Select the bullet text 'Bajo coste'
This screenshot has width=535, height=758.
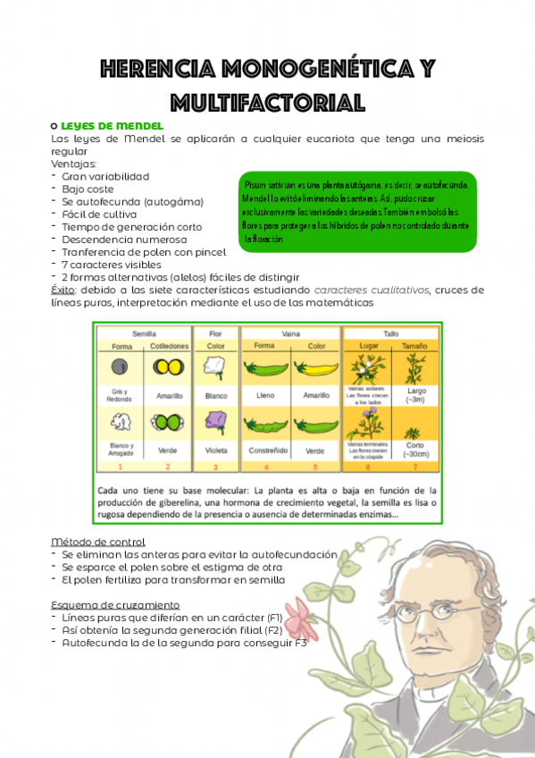[x=88, y=189]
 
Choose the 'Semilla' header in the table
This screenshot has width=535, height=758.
[x=144, y=333]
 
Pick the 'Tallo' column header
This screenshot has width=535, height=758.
[x=391, y=333]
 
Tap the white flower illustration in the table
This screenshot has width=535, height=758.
[x=214, y=367]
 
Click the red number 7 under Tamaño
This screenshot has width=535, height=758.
[x=415, y=467]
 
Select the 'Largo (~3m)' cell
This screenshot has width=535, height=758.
[x=415, y=393]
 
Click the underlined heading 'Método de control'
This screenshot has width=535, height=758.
[x=98, y=543]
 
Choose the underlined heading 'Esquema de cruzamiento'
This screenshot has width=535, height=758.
[x=115, y=605]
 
